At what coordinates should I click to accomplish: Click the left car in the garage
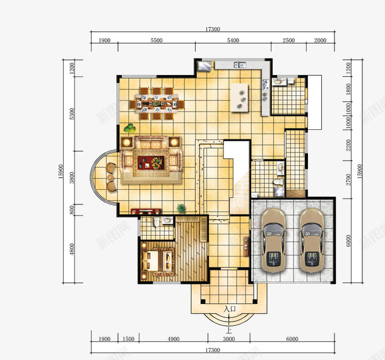coord(273,240)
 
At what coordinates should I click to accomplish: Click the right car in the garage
coord(312,240)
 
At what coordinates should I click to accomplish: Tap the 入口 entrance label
coord(230,309)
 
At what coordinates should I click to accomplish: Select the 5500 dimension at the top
coord(157,40)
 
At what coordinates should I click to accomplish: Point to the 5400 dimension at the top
coord(233,40)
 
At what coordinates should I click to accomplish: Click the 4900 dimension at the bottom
coord(174,339)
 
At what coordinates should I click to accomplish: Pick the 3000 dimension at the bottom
coord(229,339)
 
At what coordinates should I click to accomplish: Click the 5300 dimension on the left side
coord(72,113)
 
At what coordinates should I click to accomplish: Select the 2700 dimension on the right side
coord(348,180)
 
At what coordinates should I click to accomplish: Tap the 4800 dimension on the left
coord(72,249)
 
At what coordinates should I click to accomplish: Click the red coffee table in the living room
coord(151,163)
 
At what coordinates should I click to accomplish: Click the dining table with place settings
coord(157,103)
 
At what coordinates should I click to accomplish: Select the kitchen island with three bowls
coord(239,98)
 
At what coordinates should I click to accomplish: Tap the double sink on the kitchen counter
coord(240,65)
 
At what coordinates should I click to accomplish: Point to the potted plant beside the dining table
coord(129,128)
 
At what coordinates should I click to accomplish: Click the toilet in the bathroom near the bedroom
coord(156,221)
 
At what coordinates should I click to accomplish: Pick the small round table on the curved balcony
coord(110,177)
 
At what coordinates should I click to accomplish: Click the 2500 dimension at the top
coord(288,40)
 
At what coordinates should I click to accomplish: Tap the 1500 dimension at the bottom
coord(128,339)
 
